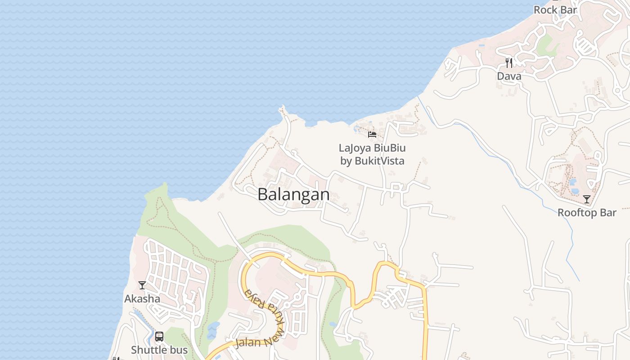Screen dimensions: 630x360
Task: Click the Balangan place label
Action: click(x=293, y=194)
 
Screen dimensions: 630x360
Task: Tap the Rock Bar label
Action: click(x=555, y=9)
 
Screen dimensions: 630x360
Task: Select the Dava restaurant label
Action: click(x=509, y=76)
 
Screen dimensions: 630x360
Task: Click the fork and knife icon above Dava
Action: click(x=509, y=63)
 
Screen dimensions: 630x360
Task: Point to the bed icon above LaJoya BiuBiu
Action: click(x=372, y=134)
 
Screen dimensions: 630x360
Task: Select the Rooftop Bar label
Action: click(x=587, y=212)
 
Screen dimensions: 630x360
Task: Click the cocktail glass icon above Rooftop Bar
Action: click(x=587, y=199)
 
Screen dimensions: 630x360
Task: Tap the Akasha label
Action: click(x=142, y=298)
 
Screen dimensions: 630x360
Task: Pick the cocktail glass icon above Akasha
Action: click(x=142, y=285)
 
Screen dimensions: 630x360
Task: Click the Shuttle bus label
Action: click(x=159, y=350)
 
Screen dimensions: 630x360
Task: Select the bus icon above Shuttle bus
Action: click(x=159, y=337)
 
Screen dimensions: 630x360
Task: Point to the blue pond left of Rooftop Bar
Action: click(x=573, y=182)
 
